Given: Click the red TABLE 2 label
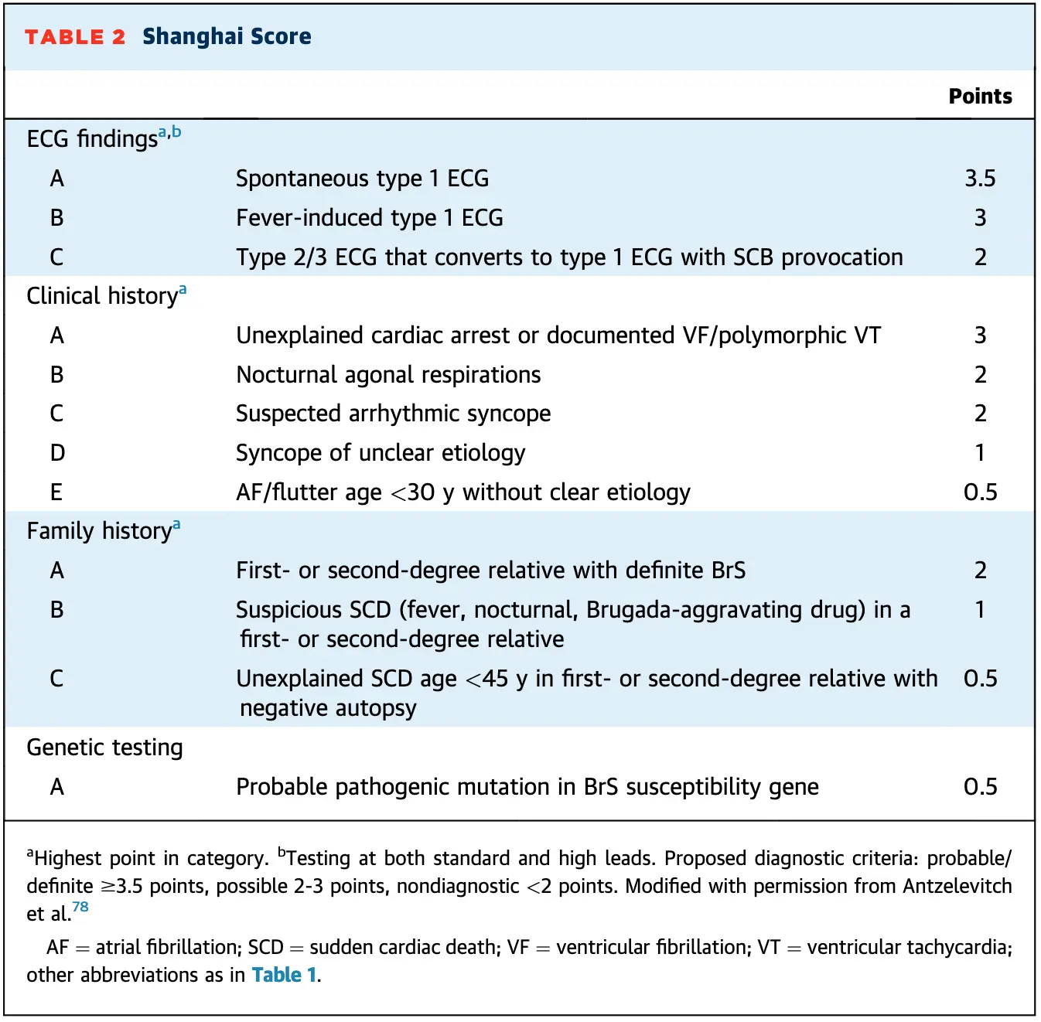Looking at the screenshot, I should (74, 37).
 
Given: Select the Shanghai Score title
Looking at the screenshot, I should (227, 36).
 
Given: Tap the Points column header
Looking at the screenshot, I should (980, 96).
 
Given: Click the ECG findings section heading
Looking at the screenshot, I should (92, 139).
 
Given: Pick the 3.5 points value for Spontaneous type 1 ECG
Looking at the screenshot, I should (980, 179).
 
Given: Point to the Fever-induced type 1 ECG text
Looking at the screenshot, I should (369, 218).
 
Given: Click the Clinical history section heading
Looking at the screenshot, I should (102, 296).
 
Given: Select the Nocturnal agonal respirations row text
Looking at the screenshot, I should (388, 375).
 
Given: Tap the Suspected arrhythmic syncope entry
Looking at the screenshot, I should (393, 414).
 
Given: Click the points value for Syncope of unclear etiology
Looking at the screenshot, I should (980, 453).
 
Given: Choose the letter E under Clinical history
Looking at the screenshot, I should (56, 492).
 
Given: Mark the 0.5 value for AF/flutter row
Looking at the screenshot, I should (980, 492).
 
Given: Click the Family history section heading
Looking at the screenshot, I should (99, 531).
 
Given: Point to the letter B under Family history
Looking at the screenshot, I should (56, 610).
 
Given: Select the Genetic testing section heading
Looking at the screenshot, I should (104, 748).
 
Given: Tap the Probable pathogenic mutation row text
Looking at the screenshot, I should (527, 787).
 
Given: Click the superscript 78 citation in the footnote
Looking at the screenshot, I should (80, 908).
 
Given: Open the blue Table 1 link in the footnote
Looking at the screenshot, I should (284, 975).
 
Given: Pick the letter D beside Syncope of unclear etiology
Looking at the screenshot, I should (57, 453).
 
